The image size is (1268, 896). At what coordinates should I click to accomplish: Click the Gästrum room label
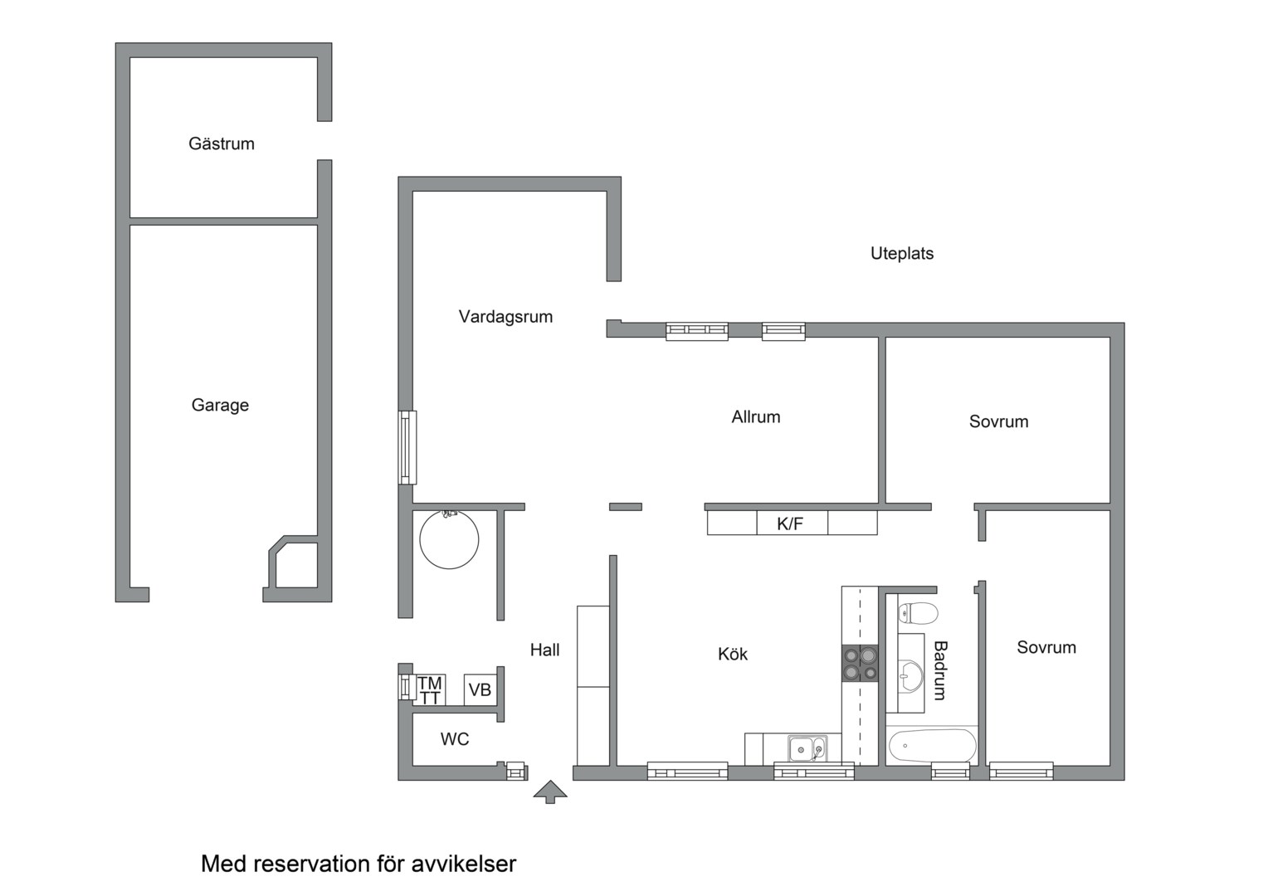(x=222, y=144)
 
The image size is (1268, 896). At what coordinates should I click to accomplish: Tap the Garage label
(x=220, y=405)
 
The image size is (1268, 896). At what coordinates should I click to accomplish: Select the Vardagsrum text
(x=505, y=317)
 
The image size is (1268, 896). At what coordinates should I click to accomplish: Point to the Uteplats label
(x=902, y=254)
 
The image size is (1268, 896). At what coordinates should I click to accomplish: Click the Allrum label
(x=756, y=417)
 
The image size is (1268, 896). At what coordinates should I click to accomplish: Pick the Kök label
(x=733, y=655)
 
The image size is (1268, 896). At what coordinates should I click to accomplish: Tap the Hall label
(x=544, y=650)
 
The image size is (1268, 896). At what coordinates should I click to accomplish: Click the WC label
(x=455, y=739)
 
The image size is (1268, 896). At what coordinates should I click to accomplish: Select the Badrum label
(x=940, y=670)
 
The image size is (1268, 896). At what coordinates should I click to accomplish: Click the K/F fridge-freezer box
(x=792, y=523)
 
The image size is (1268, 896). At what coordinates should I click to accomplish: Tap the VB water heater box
(x=480, y=689)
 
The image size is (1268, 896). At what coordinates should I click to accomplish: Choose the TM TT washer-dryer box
(x=430, y=690)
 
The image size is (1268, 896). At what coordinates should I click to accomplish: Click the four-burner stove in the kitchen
(x=860, y=664)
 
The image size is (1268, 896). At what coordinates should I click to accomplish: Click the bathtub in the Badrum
(x=932, y=746)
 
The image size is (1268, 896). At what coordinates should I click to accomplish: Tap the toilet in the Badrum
(x=918, y=613)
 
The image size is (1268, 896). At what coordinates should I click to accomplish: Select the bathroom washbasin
(x=910, y=673)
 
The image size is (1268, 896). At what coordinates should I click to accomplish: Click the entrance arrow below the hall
(x=550, y=791)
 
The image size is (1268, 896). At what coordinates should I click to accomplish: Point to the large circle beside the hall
(x=449, y=539)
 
